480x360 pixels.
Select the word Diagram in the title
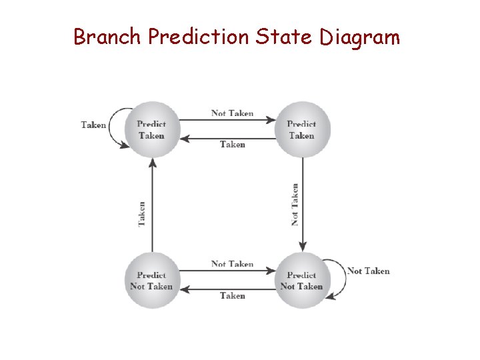tap(359, 38)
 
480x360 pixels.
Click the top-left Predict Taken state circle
tap(152, 129)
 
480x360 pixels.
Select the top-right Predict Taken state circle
tap(302, 129)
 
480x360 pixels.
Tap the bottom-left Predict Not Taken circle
tap(152, 281)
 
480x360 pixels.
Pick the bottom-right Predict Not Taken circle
tap(302, 281)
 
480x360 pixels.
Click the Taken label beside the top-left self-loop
tap(93, 125)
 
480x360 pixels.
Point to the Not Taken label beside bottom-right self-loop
tap(368, 271)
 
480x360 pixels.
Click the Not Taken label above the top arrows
tap(232, 113)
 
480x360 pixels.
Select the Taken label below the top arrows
tap(232, 144)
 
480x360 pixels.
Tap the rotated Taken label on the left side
tap(142, 214)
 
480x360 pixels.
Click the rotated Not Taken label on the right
tap(295, 205)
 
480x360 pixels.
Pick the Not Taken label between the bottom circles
tap(232, 264)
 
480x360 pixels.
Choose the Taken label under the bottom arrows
tap(232, 295)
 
